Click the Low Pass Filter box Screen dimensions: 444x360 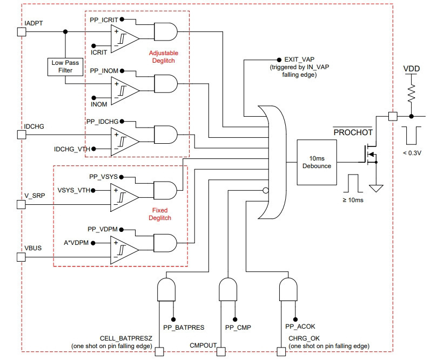65,67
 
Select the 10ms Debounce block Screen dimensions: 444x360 317,162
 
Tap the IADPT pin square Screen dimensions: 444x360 22,32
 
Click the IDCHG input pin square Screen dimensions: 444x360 22,135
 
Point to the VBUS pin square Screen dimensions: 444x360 21,257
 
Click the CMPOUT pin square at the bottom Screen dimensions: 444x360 221,351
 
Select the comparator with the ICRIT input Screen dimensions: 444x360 125,38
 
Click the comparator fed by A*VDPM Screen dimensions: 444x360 125,250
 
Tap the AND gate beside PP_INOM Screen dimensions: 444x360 166,84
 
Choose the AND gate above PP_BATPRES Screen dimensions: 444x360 166,289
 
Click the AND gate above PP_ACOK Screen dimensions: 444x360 288,289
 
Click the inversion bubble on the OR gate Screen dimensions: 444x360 266,190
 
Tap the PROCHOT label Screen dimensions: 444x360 353,132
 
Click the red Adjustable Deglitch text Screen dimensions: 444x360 163,57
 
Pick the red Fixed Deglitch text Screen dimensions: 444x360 160,214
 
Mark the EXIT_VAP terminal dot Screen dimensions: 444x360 279,59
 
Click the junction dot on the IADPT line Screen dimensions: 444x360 65,32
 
